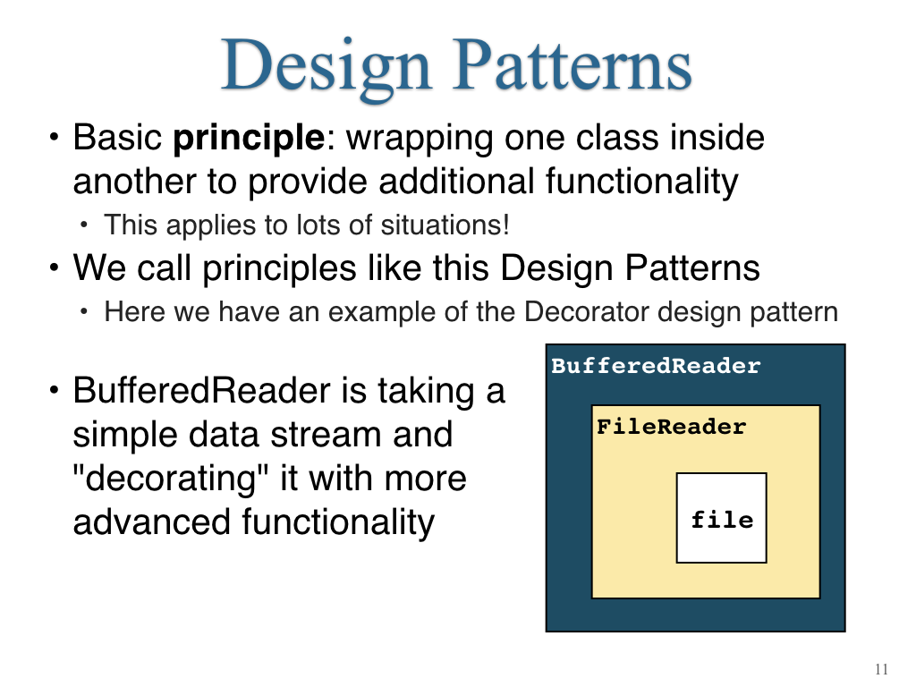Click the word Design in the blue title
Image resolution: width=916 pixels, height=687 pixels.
coord(326,67)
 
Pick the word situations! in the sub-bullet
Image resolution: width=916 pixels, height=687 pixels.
coord(445,225)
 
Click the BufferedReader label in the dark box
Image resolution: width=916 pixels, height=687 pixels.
coord(656,366)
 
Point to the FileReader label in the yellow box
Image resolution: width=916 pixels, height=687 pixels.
coord(671,427)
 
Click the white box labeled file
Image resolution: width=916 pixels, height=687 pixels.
coord(722,518)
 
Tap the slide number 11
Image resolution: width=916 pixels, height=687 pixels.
coord(881,669)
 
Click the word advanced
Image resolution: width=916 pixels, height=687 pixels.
coord(151,522)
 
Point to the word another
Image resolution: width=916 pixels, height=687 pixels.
coord(134,182)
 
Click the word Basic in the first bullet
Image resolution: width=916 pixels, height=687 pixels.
coord(117,138)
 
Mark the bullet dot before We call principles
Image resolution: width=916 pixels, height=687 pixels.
coord(55,268)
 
